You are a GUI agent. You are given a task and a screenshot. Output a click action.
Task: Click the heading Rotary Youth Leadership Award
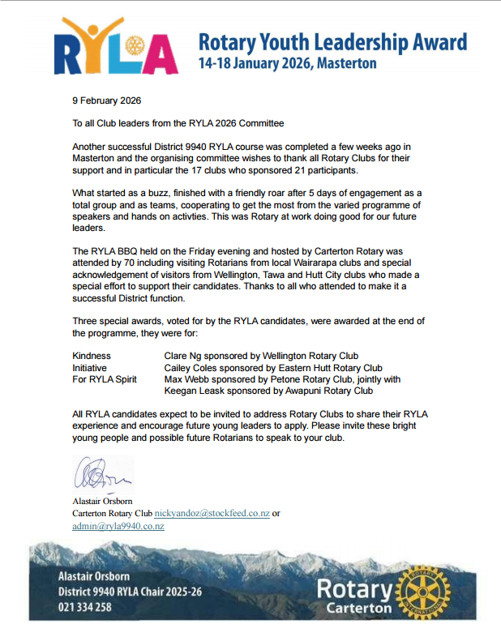click(333, 42)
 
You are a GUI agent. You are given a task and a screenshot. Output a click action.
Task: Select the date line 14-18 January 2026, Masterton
click(288, 63)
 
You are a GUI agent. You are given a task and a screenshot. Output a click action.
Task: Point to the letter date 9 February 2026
click(107, 101)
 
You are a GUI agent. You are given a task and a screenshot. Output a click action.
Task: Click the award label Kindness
click(92, 356)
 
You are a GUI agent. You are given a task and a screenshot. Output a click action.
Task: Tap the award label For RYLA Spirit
click(105, 379)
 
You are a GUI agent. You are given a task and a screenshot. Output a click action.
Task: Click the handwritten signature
click(98, 473)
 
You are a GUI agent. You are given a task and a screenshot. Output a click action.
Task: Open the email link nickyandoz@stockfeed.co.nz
click(212, 514)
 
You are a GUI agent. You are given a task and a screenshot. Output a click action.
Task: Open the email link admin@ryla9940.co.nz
click(118, 526)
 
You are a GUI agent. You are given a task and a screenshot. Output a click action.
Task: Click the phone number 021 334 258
click(85, 607)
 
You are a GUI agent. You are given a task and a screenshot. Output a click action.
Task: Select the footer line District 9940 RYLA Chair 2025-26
click(130, 592)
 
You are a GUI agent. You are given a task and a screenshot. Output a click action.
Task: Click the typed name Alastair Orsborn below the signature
click(102, 502)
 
